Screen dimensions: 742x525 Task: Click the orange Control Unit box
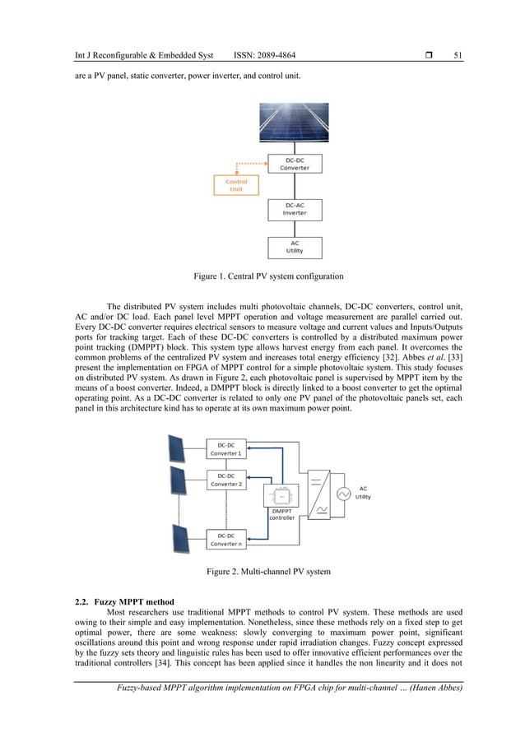(236, 185)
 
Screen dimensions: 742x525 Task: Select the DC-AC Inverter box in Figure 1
(295, 209)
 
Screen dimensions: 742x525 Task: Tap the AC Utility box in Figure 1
(295, 248)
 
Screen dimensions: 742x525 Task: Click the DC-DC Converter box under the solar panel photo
(295, 163)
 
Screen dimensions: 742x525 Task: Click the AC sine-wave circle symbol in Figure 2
(341, 494)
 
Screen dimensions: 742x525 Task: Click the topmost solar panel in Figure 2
(177, 449)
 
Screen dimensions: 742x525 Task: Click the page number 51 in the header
(458, 55)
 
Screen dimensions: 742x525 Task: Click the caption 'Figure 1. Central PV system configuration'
(262, 276)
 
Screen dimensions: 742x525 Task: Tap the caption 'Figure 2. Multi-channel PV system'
(262, 571)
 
